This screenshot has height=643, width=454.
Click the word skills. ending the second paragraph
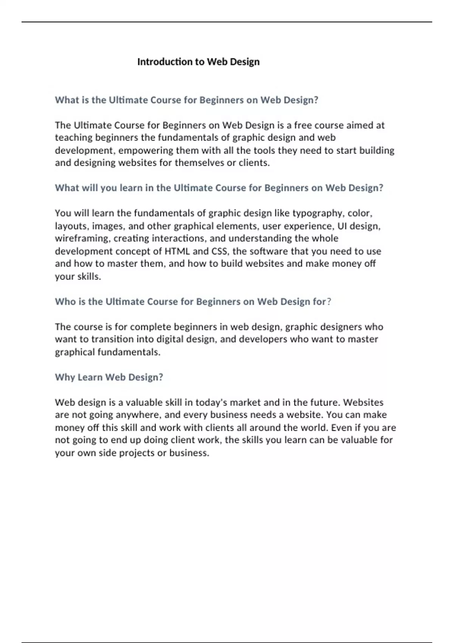(89, 276)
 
